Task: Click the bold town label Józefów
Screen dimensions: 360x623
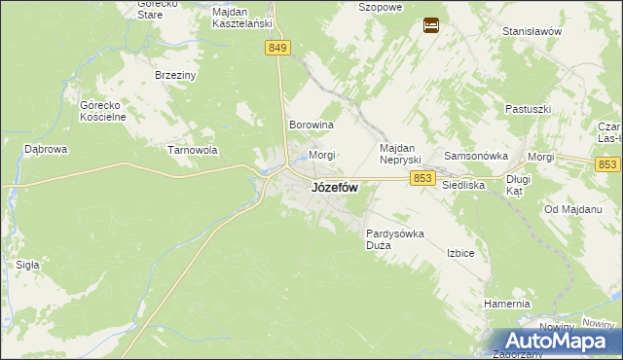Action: pyautogui.click(x=334, y=188)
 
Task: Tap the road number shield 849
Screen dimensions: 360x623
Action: pyautogui.click(x=277, y=48)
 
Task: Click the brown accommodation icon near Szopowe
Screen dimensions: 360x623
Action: pyautogui.click(x=430, y=25)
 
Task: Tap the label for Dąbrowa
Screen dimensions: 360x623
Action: pyautogui.click(x=45, y=150)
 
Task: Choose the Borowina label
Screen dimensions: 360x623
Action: pyautogui.click(x=312, y=126)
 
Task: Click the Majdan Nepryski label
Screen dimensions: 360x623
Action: pyautogui.click(x=398, y=152)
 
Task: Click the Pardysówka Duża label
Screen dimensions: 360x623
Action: pyautogui.click(x=394, y=239)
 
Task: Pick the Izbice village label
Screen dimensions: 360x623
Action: pyautogui.click(x=459, y=253)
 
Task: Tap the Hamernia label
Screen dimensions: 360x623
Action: pyautogui.click(x=506, y=304)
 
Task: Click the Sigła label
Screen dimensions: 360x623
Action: pyautogui.click(x=27, y=264)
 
